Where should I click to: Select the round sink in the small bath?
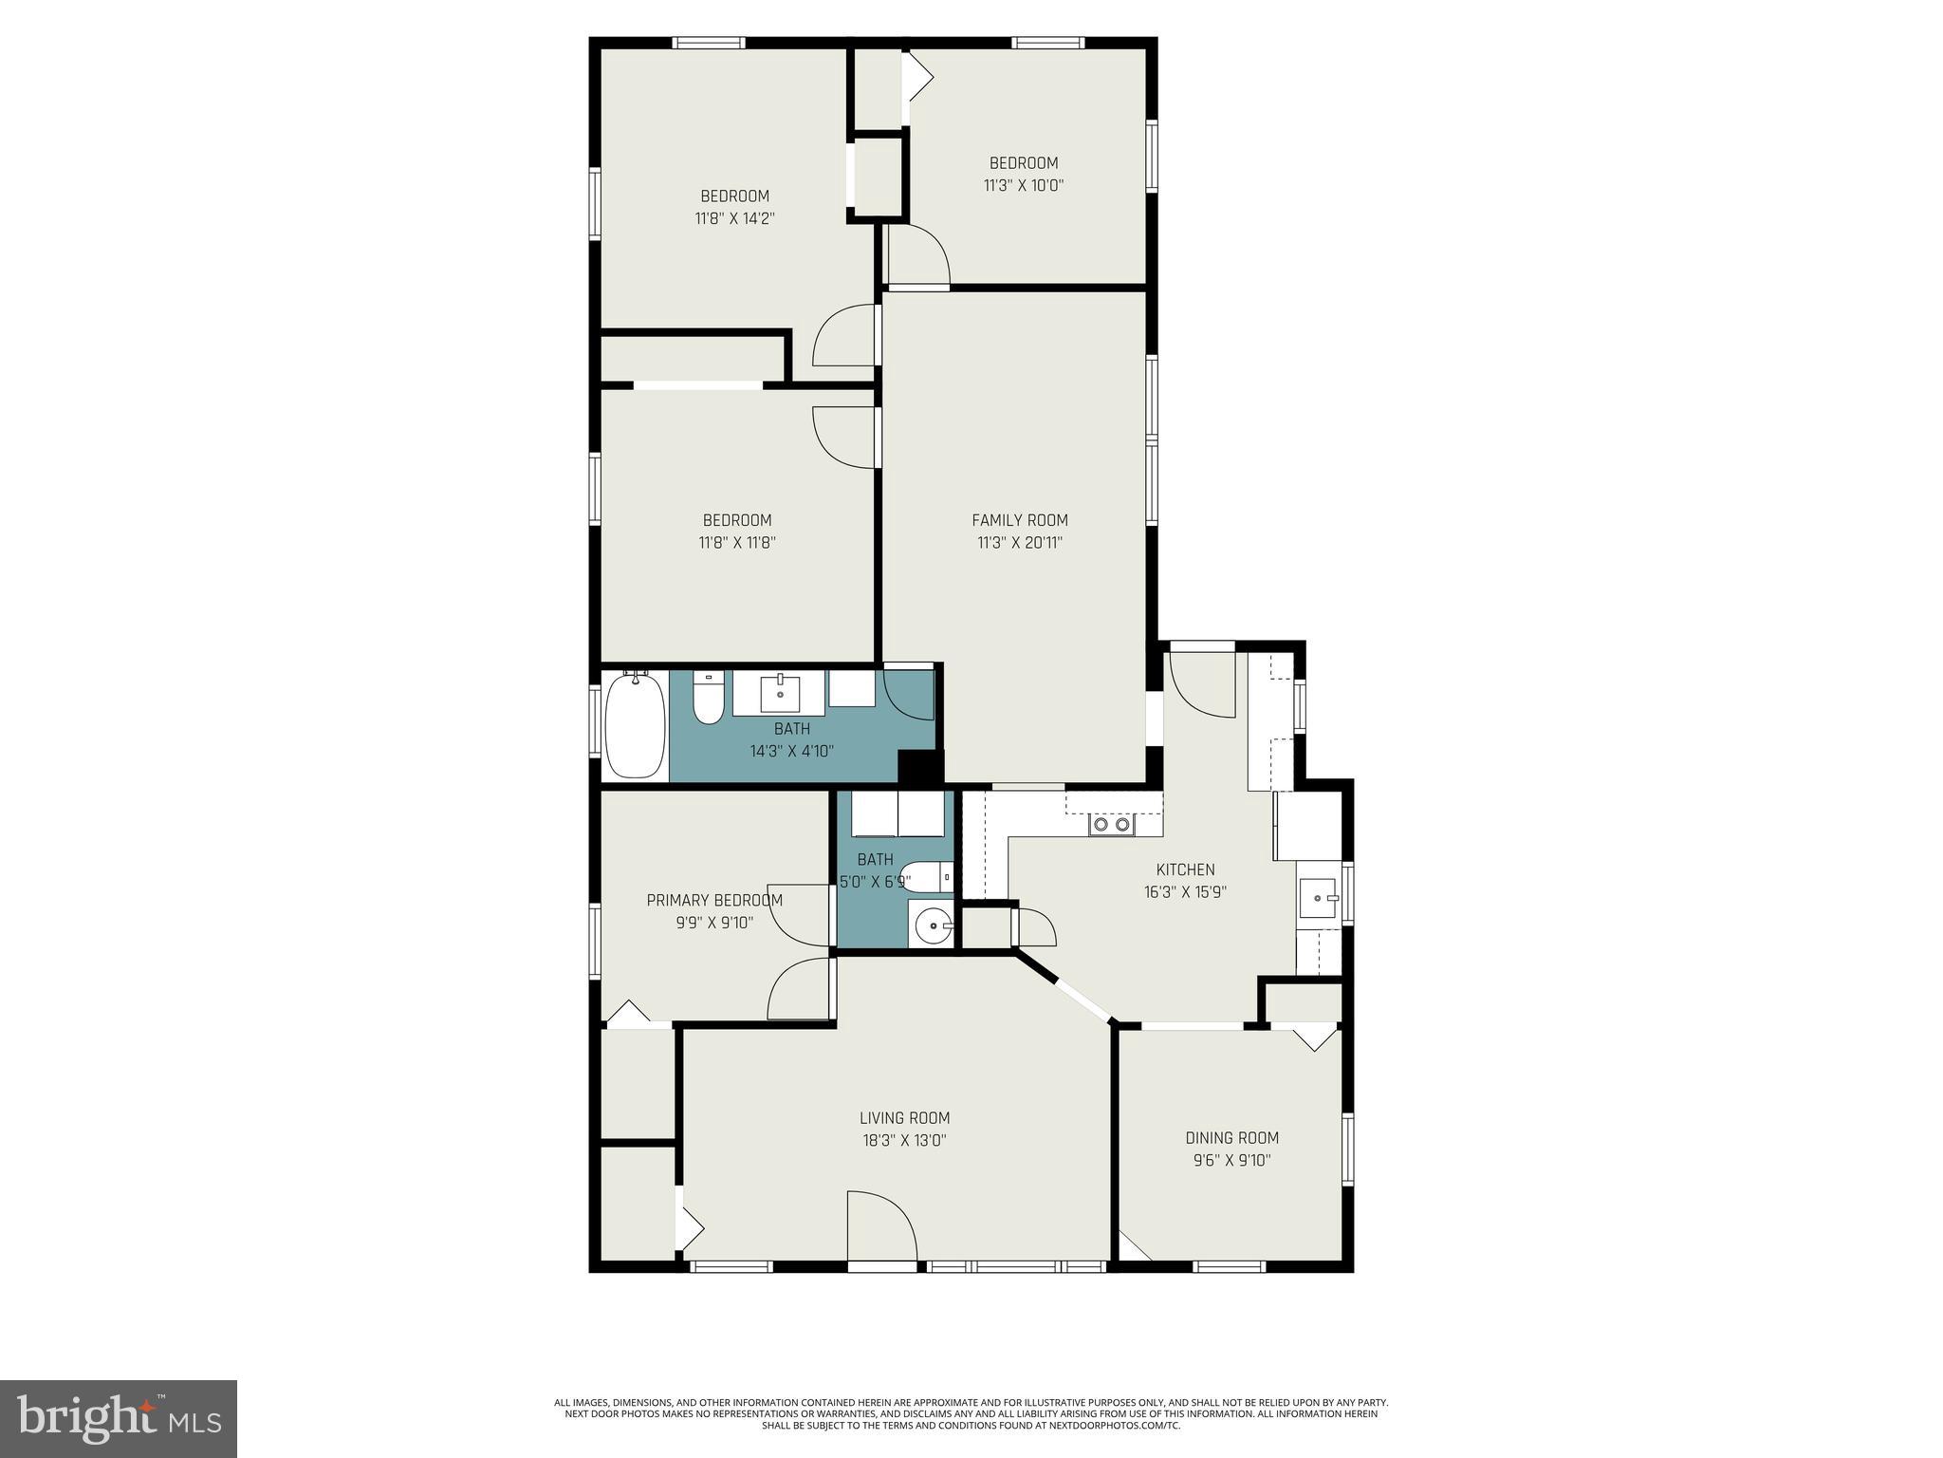934,924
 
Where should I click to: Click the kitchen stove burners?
1112,824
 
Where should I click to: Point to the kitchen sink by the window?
1317,896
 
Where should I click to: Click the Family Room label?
1020,520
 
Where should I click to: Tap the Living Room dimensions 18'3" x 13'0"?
904,1141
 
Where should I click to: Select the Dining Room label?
1231,1137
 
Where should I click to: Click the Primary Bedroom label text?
714,900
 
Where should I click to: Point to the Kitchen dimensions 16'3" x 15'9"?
1185,892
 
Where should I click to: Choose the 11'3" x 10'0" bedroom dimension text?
1024,186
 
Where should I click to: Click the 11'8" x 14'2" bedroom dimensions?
734,218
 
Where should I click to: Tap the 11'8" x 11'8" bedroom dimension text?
737,543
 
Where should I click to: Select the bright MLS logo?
119,1418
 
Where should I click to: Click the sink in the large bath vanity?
780,694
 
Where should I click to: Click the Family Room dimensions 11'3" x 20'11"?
1020,543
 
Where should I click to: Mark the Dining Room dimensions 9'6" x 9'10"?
1231,1160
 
